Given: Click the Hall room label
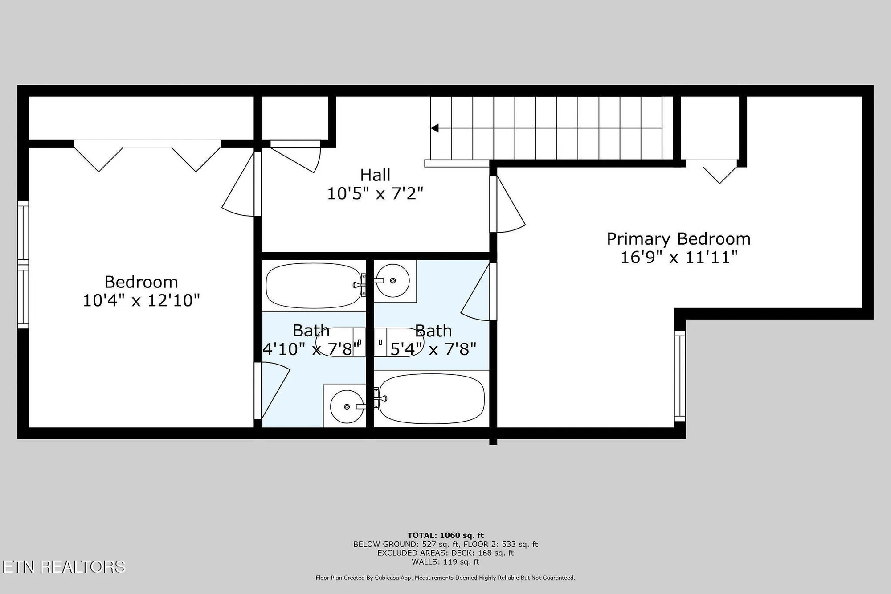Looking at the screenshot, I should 375,175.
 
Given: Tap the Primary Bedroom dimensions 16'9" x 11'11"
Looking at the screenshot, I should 679,257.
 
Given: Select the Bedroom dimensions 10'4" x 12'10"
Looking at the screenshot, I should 141,300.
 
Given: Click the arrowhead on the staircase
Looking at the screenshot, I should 435,128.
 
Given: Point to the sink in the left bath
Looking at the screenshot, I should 347,406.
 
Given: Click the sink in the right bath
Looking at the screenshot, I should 392,281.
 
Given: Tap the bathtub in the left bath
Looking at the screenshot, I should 313,285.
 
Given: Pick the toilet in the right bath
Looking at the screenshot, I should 398,342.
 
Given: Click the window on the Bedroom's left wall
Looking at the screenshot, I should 23,265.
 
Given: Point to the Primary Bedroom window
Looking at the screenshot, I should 680,376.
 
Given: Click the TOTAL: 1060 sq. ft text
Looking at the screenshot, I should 445,535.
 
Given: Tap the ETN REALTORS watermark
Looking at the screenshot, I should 63,566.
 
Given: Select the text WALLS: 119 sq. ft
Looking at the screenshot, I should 445,562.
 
